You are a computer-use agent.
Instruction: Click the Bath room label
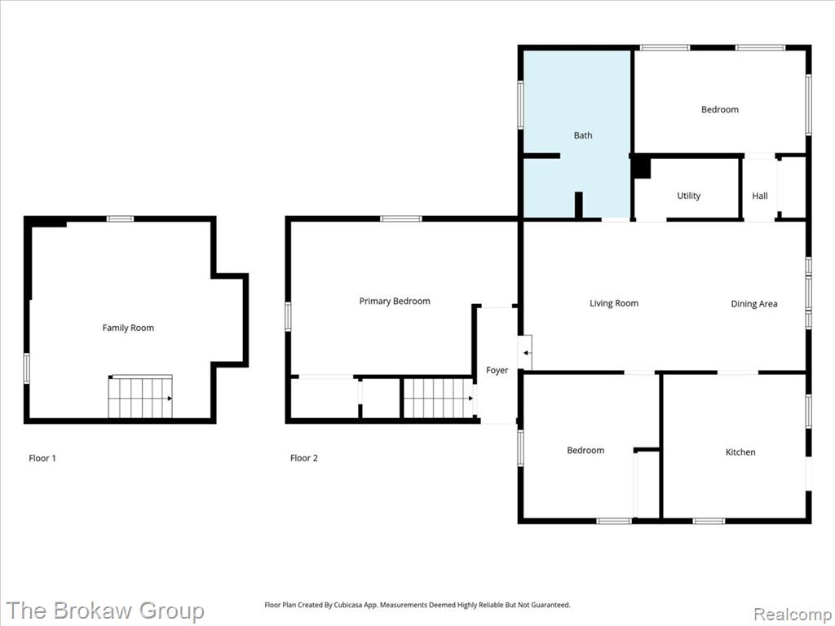pyautogui.click(x=582, y=135)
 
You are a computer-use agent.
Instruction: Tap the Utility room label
pyautogui.click(x=688, y=196)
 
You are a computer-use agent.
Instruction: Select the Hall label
pyautogui.click(x=760, y=196)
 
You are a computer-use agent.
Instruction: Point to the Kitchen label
pyautogui.click(x=740, y=452)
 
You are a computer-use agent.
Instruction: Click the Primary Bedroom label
pyautogui.click(x=395, y=302)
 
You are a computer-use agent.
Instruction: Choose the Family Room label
pyautogui.click(x=128, y=328)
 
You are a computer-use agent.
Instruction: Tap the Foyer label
pyautogui.click(x=497, y=371)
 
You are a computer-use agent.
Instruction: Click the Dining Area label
pyautogui.click(x=754, y=304)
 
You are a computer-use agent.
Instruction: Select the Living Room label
pyautogui.click(x=613, y=303)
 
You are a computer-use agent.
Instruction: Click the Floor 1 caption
pyautogui.click(x=42, y=458)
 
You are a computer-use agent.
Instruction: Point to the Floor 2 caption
pyautogui.click(x=303, y=458)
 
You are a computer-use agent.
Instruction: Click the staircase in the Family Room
pyautogui.click(x=140, y=397)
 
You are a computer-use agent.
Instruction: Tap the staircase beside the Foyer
pyautogui.click(x=439, y=398)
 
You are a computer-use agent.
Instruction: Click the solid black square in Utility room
pyautogui.click(x=642, y=167)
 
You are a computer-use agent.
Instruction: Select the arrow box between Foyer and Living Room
pyautogui.click(x=524, y=352)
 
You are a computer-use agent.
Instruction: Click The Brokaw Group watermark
pyautogui.click(x=105, y=611)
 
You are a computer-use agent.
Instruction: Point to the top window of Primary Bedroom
pyautogui.click(x=401, y=218)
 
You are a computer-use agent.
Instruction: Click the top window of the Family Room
pyautogui.click(x=120, y=218)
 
